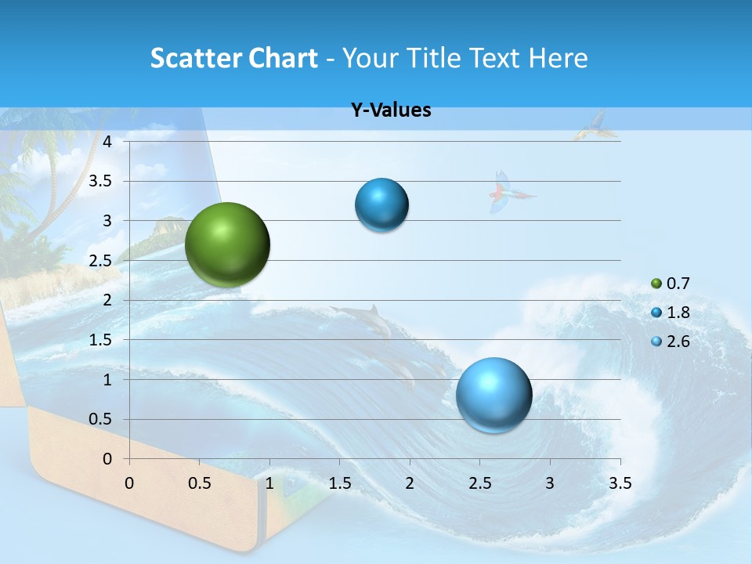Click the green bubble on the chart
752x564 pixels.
coord(227,244)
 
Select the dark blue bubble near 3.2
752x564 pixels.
coord(381,205)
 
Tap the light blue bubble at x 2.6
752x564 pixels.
coord(493,395)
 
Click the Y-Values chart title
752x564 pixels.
coord(390,110)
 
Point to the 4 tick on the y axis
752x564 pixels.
coord(107,142)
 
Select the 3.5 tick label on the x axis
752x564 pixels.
coord(620,483)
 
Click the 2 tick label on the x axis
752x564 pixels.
coord(410,483)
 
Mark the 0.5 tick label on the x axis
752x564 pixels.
coord(199,483)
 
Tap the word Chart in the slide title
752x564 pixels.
coord(284,58)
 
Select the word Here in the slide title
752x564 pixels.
coord(558,58)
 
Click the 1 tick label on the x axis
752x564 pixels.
coord(269,483)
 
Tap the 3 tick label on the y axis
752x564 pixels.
coord(107,221)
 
